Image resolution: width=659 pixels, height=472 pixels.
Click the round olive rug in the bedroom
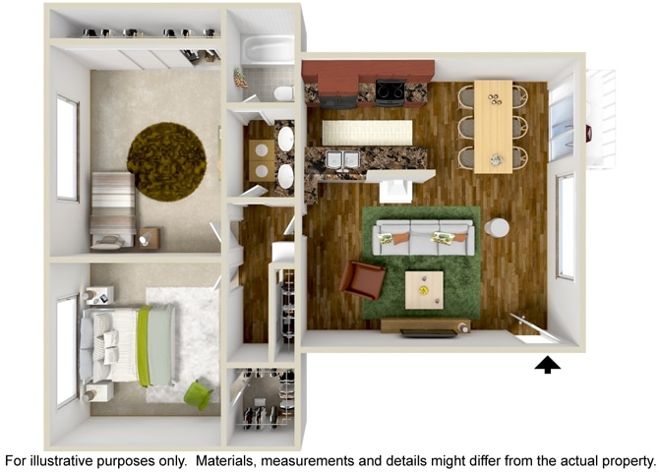tap(166, 161)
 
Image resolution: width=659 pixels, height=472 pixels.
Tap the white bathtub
tap(269, 50)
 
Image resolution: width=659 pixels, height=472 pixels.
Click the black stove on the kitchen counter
tap(389, 92)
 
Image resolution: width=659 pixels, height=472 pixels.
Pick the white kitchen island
tap(367, 133)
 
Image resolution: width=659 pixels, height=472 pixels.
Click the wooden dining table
tap(493, 125)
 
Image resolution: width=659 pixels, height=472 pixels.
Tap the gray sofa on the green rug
tap(423, 237)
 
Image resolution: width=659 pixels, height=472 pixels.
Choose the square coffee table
tap(424, 289)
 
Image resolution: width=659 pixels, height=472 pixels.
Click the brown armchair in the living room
tap(363, 280)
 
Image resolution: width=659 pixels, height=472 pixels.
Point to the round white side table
tap(498, 227)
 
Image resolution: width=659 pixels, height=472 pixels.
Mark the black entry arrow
tap(548, 365)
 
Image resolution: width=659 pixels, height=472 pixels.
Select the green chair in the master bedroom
tap(198, 394)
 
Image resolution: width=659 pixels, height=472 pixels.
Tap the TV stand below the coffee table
tap(426, 326)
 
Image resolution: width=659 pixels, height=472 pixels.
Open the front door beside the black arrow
tap(527, 328)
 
